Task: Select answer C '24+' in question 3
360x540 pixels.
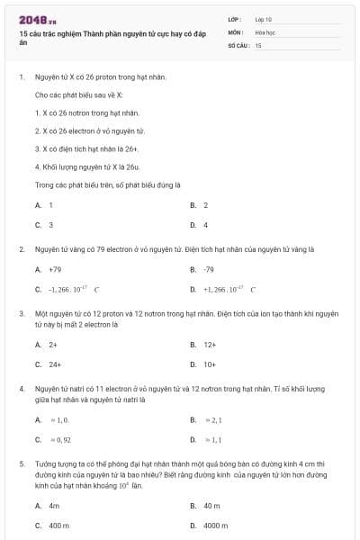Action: click(x=55, y=364)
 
